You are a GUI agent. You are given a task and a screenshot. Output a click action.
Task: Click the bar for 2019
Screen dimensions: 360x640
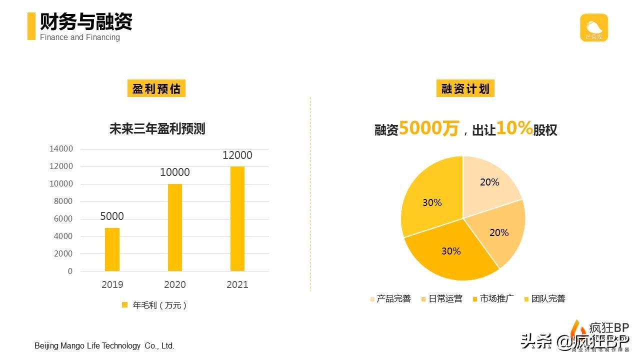tap(112, 249)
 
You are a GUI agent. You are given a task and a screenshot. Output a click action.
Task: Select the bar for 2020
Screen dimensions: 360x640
tap(175, 227)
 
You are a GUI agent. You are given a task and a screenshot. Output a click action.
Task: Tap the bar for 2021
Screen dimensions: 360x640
tap(237, 218)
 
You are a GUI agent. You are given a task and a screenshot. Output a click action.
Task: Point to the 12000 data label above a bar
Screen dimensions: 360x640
tap(237, 155)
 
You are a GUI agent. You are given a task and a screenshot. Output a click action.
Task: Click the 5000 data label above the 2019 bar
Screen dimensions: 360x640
tap(112, 216)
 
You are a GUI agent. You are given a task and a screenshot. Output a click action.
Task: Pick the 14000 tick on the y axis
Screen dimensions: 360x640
tap(61, 149)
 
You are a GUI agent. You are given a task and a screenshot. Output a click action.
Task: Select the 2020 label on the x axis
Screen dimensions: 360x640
tap(175, 285)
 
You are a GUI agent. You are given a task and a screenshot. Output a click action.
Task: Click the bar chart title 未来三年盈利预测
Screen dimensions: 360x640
tap(157, 129)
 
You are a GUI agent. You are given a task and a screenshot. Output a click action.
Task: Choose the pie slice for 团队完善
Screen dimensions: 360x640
tap(430, 200)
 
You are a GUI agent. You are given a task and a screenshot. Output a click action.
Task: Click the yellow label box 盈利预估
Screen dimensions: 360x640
tap(156, 89)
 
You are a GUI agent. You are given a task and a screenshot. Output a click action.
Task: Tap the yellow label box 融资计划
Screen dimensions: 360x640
tap(465, 89)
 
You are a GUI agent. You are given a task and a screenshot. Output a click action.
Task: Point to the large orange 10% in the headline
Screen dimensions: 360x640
tap(514, 128)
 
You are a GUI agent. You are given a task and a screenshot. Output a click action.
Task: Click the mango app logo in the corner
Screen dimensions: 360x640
tap(594, 27)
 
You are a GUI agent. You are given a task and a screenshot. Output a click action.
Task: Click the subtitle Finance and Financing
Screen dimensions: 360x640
tap(80, 37)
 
